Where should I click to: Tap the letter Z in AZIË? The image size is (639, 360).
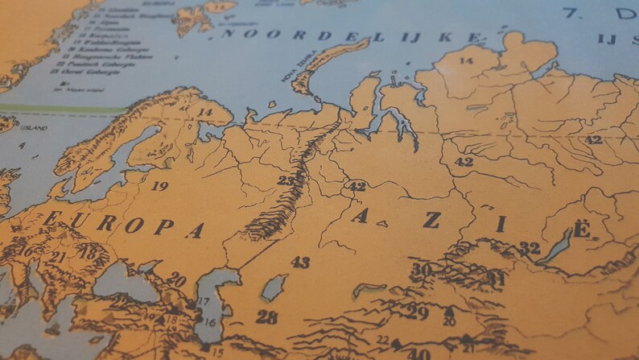click(x=432, y=220)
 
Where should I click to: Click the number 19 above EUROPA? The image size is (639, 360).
click(x=159, y=186)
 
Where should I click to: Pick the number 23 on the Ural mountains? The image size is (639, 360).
click(x=286, y=180)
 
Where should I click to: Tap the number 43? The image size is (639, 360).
click(x=300, y=262)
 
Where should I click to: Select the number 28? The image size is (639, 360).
click(x=266, y=317)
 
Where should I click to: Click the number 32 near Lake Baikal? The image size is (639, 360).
click(x=530, y=248)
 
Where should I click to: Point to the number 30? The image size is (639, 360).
click(x=421, y=269)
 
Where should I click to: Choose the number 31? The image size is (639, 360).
click(x=497, y=279)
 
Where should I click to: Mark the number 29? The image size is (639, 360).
click(x=417, y=312)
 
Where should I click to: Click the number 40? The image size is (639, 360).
click(x=418, y=353)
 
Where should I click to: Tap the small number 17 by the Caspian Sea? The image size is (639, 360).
click(x=204, y=302)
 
